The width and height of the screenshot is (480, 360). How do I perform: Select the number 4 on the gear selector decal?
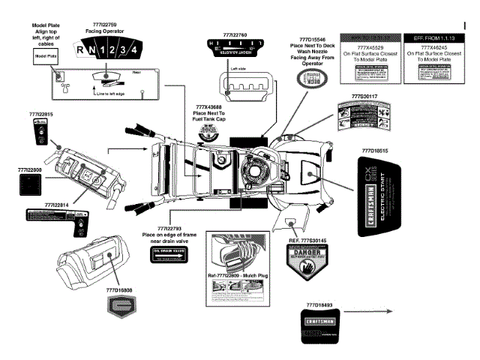133,51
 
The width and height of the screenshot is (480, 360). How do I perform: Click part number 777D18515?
375,150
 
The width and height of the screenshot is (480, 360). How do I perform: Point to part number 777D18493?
323,305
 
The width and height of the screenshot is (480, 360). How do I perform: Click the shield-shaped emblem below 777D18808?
120,305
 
